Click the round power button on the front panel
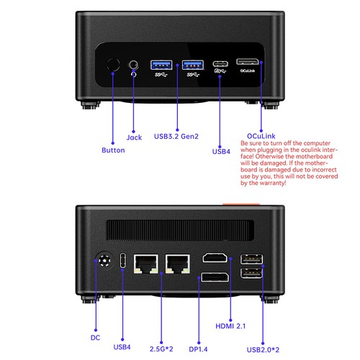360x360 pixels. [x=113, y=66]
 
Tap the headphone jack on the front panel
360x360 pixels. [x=134, y=67]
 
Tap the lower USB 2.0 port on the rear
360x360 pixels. [x=253, y=274]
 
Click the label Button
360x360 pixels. [x=113, y=150]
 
